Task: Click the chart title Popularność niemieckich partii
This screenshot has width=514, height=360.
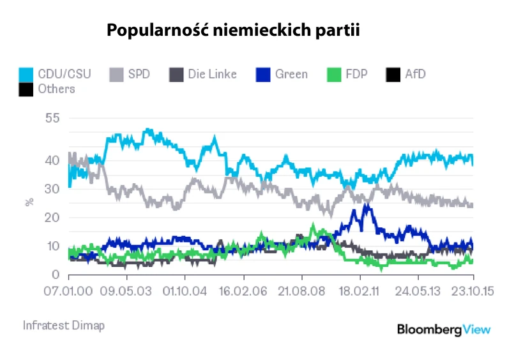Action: tap(233, 30)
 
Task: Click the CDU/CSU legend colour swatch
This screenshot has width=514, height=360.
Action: tap(26, 74)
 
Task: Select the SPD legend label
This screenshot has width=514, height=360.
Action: tap(139, 74)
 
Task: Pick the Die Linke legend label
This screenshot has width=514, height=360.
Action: tap(212, 74)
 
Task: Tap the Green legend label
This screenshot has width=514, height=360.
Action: tap(291, 74)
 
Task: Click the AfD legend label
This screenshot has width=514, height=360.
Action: tap(415, 74)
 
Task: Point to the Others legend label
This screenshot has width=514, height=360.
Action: tap(56, 89)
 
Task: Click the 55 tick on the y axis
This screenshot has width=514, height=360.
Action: tap(52, 118)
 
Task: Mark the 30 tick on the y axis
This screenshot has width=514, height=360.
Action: tap(52, 189)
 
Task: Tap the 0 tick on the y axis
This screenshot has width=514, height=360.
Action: tap(56, 275)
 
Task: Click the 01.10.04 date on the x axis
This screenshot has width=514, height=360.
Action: tap(185, 290)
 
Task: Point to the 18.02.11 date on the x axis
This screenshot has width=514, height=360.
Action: tap(360, 290)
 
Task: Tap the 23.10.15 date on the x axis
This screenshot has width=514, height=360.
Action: tap(472, 290)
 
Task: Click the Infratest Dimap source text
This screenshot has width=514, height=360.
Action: tap(64, 326)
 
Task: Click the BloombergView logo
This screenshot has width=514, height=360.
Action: tap(444, 329)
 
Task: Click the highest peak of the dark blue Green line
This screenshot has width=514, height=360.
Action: tap(366, 204)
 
